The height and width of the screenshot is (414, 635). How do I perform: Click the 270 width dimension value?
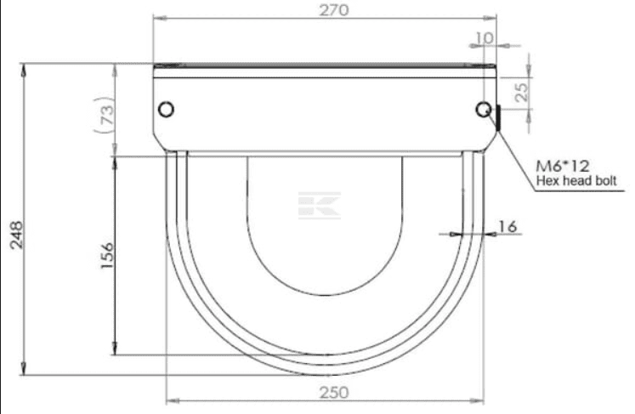pyautogui.click(x=324, y=9)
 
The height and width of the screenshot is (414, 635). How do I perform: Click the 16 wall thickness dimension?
pyautogui.click(x=507, y=226)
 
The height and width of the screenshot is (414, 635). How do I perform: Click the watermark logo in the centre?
pyautogui.click(x=320, y=205)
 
